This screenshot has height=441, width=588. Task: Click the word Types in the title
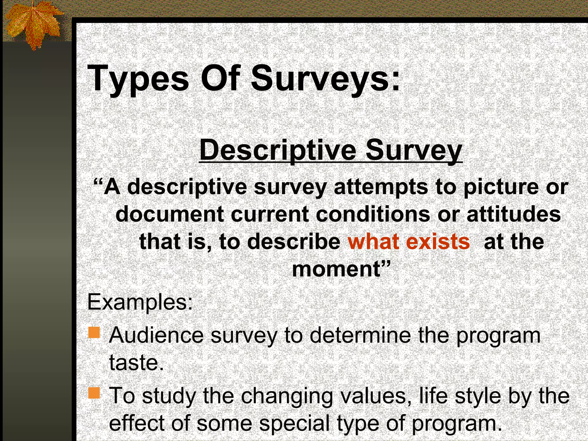tap(138, 79)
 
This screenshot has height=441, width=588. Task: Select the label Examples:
tap(140, 302)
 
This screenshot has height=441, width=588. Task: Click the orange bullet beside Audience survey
tap(94, 333)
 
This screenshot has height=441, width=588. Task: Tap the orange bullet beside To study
tap(94, 393)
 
